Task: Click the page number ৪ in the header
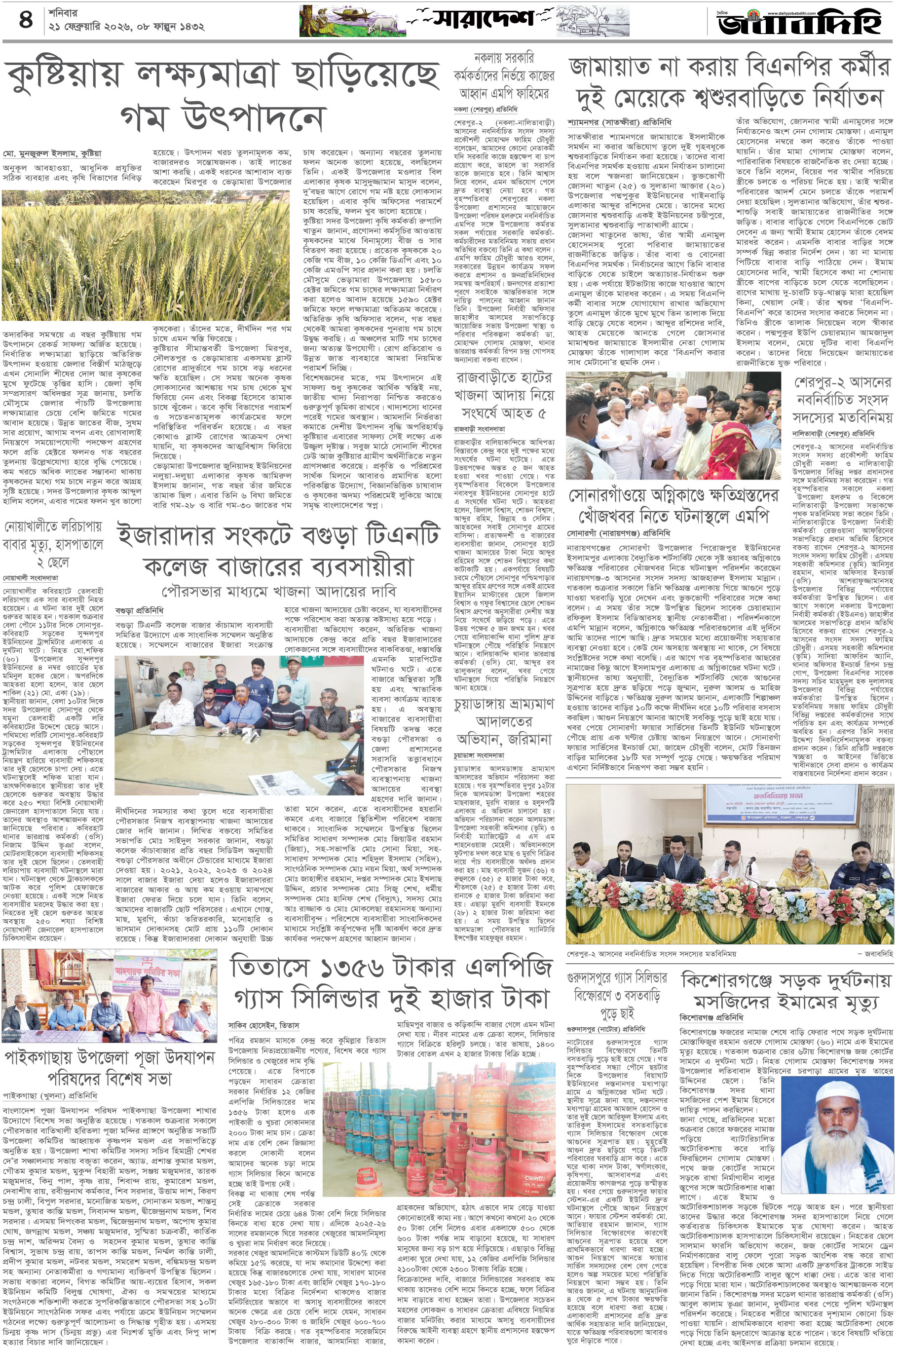tap(26, 21)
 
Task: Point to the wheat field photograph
tap(146, 256)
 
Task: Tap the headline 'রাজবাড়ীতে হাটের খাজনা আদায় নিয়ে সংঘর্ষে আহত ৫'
tap(503, 395)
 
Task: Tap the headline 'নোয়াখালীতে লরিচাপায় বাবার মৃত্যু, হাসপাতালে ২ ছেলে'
tap(53, 544)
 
